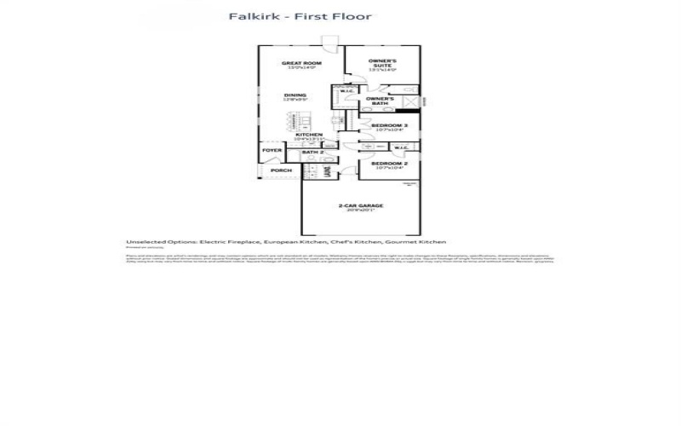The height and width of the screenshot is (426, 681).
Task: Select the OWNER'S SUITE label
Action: click(384, 63)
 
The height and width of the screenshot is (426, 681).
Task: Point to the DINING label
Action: click(295, 95)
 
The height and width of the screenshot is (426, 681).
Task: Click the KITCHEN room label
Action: click(307, 135)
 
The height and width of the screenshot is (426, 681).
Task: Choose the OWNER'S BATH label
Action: click(379, 101)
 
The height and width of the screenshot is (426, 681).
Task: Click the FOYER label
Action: click(272, 151)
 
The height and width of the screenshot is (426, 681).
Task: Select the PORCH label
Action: click(281, 170)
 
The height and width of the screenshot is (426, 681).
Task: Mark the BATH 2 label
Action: click(313, 153)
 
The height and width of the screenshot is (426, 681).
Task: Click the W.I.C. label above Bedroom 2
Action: click(402, 146)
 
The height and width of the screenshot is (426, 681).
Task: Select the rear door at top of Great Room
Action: click(329, 39)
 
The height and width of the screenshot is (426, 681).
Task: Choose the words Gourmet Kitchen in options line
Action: click(421, 242)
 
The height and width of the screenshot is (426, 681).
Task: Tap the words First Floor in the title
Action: click(333, 17)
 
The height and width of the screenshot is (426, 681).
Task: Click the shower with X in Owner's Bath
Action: click(410, 102)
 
